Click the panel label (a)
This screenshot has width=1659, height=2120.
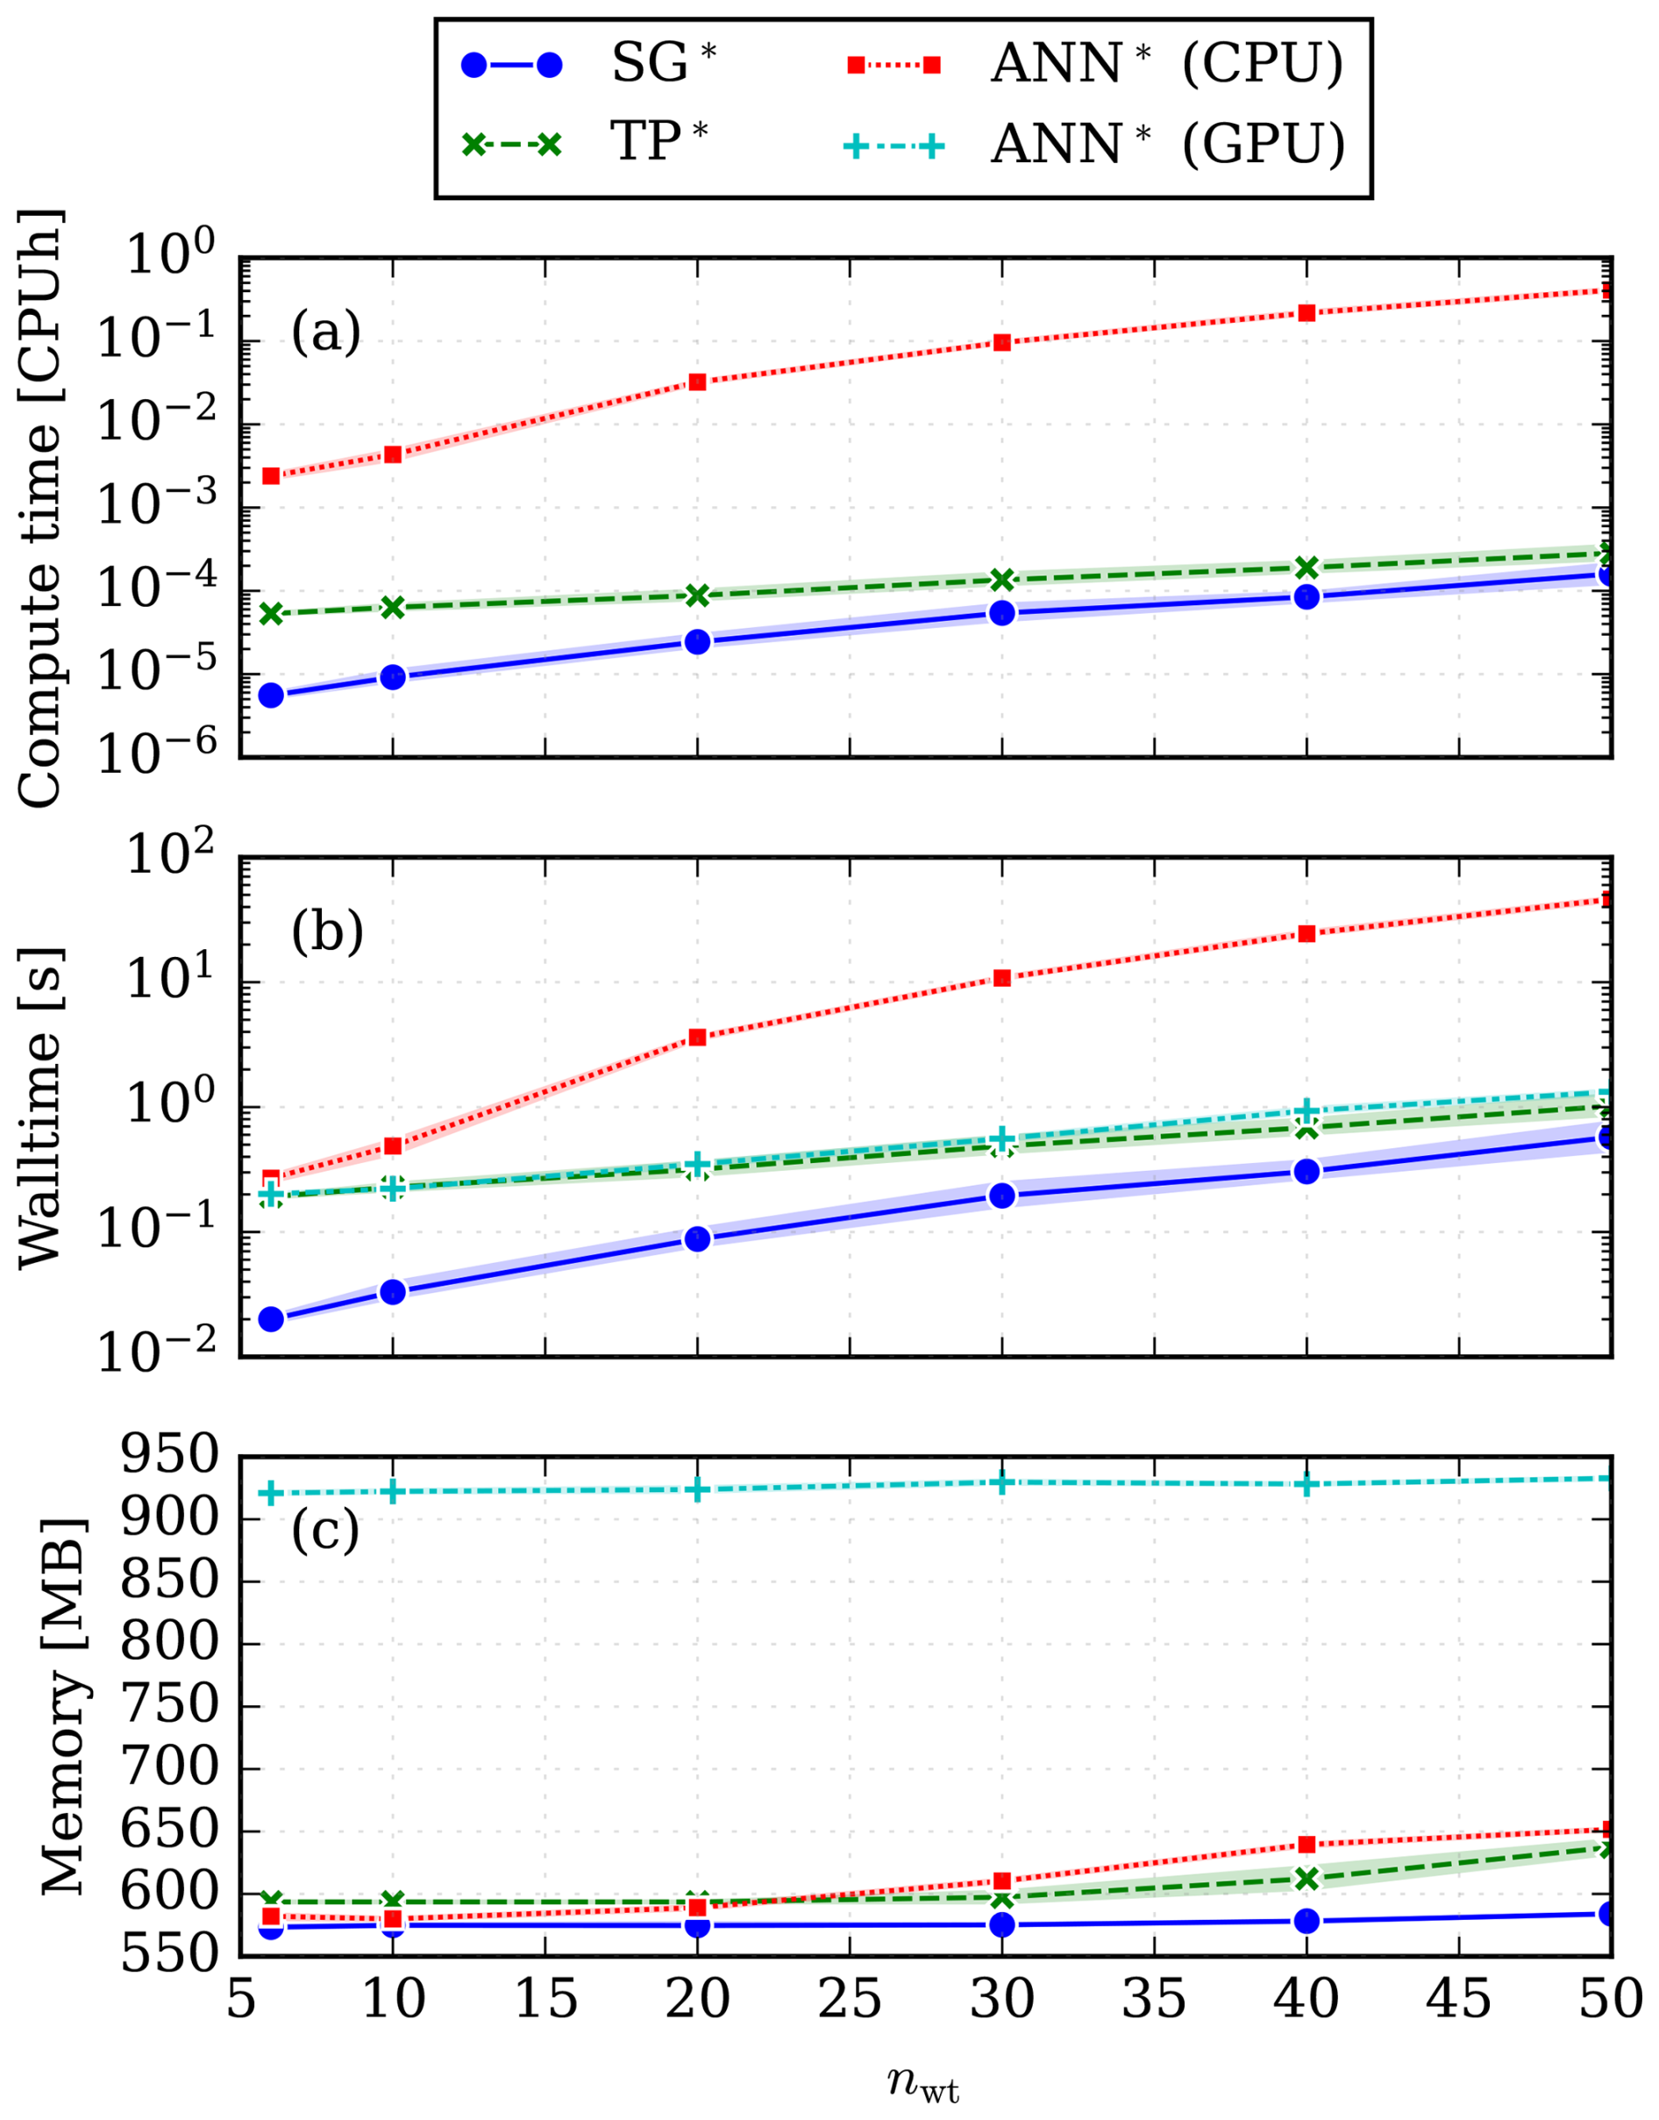pos(326,333)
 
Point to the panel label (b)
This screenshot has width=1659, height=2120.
pos(327,932)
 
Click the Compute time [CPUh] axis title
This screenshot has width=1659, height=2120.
pos(41,508)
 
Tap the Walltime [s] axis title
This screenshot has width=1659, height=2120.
pos(41,1107)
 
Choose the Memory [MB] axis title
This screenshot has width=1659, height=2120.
pos(64,1705)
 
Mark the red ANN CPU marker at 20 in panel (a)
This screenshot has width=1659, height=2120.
pos(697,382)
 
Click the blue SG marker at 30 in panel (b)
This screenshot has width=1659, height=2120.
pos(1002,1195)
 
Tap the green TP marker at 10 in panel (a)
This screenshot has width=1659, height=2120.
pos(393,607)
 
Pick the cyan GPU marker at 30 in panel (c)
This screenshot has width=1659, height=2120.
pos(1002,1482)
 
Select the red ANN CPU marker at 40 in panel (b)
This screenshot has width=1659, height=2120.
pos(1307,933)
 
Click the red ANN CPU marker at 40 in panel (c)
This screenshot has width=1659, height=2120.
pos(1307,1844)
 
